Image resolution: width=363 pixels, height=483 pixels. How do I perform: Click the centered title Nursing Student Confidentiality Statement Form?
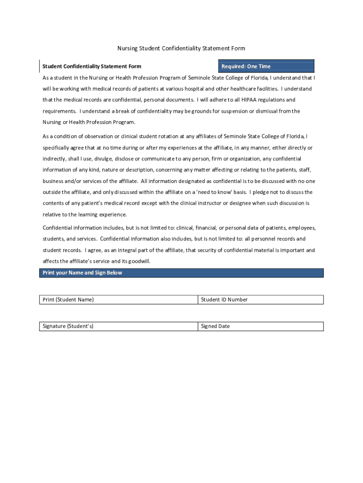[x=181, y=49]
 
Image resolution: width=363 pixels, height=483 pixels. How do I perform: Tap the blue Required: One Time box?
[x=266, y=67]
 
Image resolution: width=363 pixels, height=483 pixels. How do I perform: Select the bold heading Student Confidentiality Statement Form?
[x=92, y=67]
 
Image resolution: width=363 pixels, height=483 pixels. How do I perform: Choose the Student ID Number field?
[x=261, y=300]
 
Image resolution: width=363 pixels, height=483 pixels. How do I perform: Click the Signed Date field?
[x=261, y=326]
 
